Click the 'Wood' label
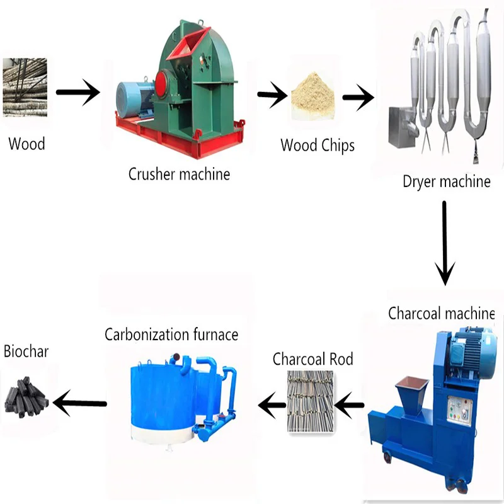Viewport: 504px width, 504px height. pos(26,144)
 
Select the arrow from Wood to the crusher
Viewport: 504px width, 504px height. pos(77,93)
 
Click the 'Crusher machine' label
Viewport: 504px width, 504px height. pos(180,174)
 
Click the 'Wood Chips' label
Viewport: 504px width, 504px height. pos(318,146)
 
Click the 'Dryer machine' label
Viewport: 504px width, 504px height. pos(447,182)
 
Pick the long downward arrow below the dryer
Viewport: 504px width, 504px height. pos(445,243)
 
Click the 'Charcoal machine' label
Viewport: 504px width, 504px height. pos(441,313)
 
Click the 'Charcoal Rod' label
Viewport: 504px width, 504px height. pos(312,359)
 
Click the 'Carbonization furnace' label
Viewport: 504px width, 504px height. pos(171,333)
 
